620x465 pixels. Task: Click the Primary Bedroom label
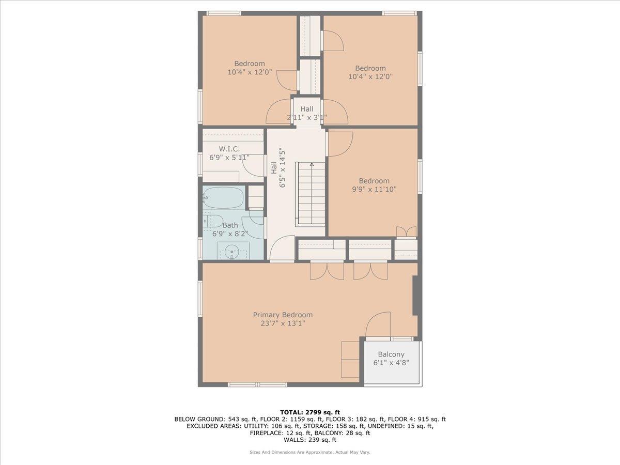[x=283, y=315]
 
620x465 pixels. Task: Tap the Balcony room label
[x=391, y=354]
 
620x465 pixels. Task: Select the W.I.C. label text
[x=229, y=149]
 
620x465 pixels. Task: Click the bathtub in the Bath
[x=224, y=197]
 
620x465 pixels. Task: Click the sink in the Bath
[x=232, y=252]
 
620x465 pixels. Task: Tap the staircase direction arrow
[x=312, y=165]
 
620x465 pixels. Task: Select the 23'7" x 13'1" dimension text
[x=283, y=324]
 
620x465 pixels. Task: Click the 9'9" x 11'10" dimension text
[x=374, y=189]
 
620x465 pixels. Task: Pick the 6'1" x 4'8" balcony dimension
[x=391, y=363]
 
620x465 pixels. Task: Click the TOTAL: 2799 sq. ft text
[x=309, y=412]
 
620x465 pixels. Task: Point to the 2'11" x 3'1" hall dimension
[x=307, y=117]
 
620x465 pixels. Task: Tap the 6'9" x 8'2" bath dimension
[x=230, y=234]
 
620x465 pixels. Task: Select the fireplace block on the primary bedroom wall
[x=415, y=296]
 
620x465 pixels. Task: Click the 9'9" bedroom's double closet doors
[x=406, y=232]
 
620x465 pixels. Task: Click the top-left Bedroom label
[x=250, y=64]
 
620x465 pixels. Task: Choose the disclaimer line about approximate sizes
[x=309, y=452]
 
